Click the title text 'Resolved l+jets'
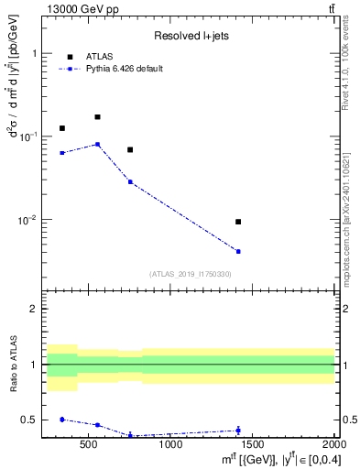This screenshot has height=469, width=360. point(191,36)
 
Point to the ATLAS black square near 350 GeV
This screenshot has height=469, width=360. point(62,128)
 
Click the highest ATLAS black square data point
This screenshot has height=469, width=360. point(97,117)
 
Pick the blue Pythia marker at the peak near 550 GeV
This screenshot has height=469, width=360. point(97,145)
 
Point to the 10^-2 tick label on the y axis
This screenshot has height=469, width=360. point(27,220)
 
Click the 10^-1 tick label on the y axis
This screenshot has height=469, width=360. point(27,136)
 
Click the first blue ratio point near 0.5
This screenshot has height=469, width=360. point(62,419)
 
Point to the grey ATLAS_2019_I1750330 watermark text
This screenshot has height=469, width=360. point(191,274)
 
